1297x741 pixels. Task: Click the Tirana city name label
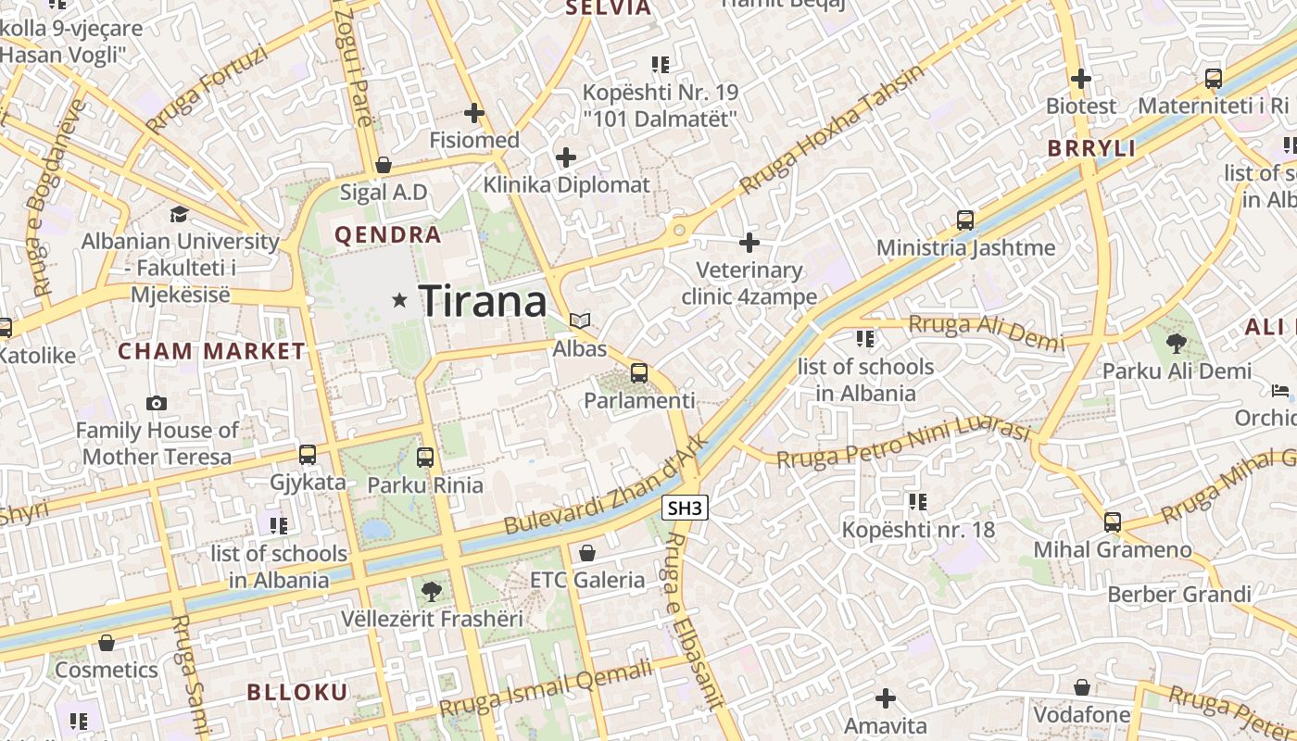click(484, 301)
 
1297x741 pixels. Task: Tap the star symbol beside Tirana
click(400, 299)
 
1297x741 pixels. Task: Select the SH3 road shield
click(686, 507)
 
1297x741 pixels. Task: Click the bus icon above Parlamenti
click(639, 373)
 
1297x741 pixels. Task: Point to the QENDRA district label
click(388, 235)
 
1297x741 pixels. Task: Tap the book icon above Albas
click(580, 321)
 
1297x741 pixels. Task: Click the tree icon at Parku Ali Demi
click(1177, 344)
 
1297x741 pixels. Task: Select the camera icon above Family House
click(157, 403)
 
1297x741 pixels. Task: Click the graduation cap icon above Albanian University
click(179, 214)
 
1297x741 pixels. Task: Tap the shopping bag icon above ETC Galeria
click(586, 553)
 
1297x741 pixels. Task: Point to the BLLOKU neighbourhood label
click(297, 692)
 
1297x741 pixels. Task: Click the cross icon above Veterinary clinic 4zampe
click(749, 243)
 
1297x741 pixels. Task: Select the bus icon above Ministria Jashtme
click(965, 220)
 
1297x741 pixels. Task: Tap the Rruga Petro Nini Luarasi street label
click(903, 446)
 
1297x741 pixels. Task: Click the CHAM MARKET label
click(211, 351)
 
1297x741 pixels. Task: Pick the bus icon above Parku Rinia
click(425, 457)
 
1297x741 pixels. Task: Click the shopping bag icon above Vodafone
click(1082, 687)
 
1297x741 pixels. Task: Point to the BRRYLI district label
click(1091, 148)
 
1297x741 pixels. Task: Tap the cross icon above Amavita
click(886, 697)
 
